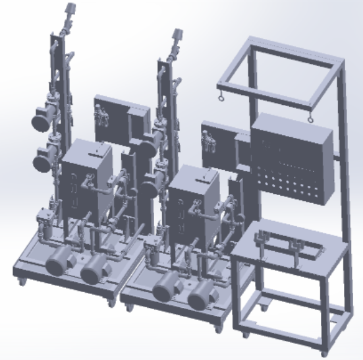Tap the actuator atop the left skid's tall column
pos(68,13)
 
